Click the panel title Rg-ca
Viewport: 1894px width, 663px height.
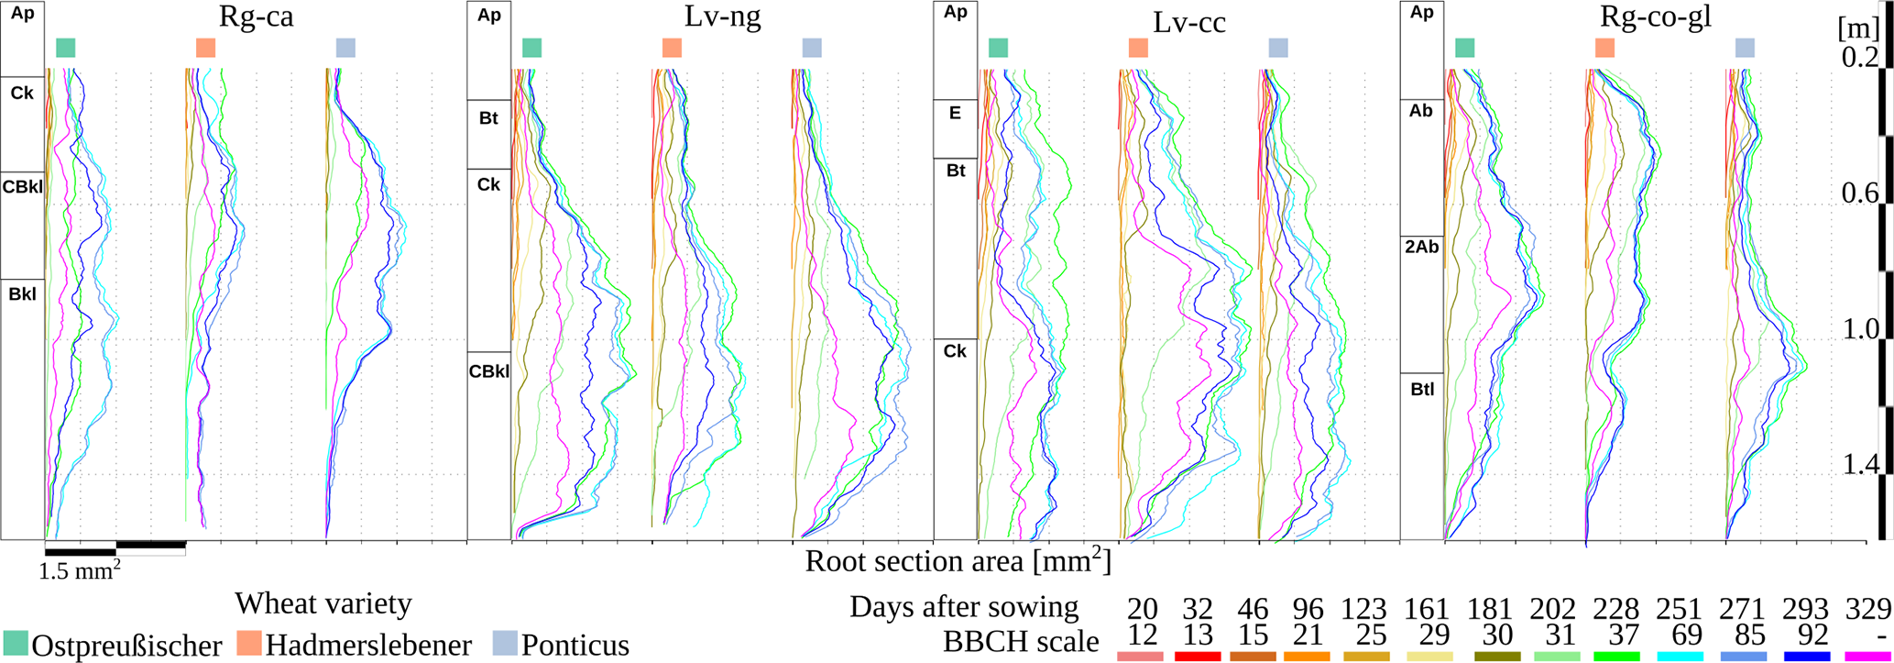coord(256,17)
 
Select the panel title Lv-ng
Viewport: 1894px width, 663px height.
coord(722,17)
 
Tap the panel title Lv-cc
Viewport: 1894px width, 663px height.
coord(1188,23)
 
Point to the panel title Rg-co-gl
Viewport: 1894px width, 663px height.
coord(1655,17)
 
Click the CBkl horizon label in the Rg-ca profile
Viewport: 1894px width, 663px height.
coord(23,187)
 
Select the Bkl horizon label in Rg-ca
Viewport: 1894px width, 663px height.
coord(22,294)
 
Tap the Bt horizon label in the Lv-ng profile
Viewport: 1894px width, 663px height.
coord(488,118)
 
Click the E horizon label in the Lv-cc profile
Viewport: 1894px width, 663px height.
coord(955,114)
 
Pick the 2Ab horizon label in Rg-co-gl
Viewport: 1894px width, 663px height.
coord(1421,247)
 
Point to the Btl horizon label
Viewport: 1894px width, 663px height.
coord(1422,390)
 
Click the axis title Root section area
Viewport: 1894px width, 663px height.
coord(957,561)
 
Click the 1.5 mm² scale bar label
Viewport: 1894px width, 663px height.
coord(80,571)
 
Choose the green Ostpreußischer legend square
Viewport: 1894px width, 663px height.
coord(15,643)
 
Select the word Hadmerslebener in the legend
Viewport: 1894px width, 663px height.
coord(368,645)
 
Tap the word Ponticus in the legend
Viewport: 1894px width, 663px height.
coord(575,645)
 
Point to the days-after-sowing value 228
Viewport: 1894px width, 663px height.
coord(1615,608)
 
